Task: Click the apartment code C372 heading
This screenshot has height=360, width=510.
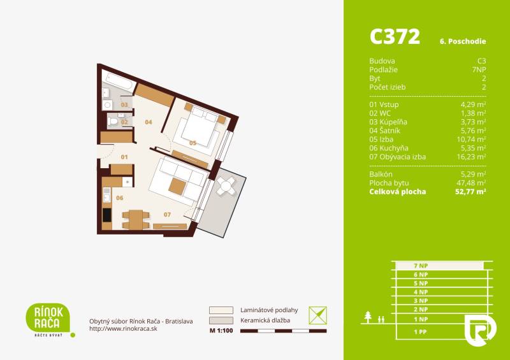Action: pyautogui.click(x=395, y=37)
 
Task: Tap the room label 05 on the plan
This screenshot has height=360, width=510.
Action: pyautogui.click(x=193, y=143)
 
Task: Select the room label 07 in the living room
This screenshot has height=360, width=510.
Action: pyautogui.click(x=167, y=214)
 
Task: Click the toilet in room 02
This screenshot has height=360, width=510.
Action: pyautogui.click(x=113, y=120)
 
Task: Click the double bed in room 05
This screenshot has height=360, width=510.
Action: pyautogui.click(x=197, y=127)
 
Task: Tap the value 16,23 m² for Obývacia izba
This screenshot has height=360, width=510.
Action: pyautogui.click(x=473, y=157)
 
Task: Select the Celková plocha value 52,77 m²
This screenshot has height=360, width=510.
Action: pyautogui.click(x=472, y=191)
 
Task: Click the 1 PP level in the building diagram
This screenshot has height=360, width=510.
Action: pyautogui.click(x=419, y=332)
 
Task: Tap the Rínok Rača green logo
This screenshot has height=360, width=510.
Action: pyautogui.click(x=47, y=317)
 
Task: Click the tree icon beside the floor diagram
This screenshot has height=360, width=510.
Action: pyautogui.click(x=368, y=317)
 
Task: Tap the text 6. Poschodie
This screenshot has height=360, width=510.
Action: pyautogui.click(x=463, y=41)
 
